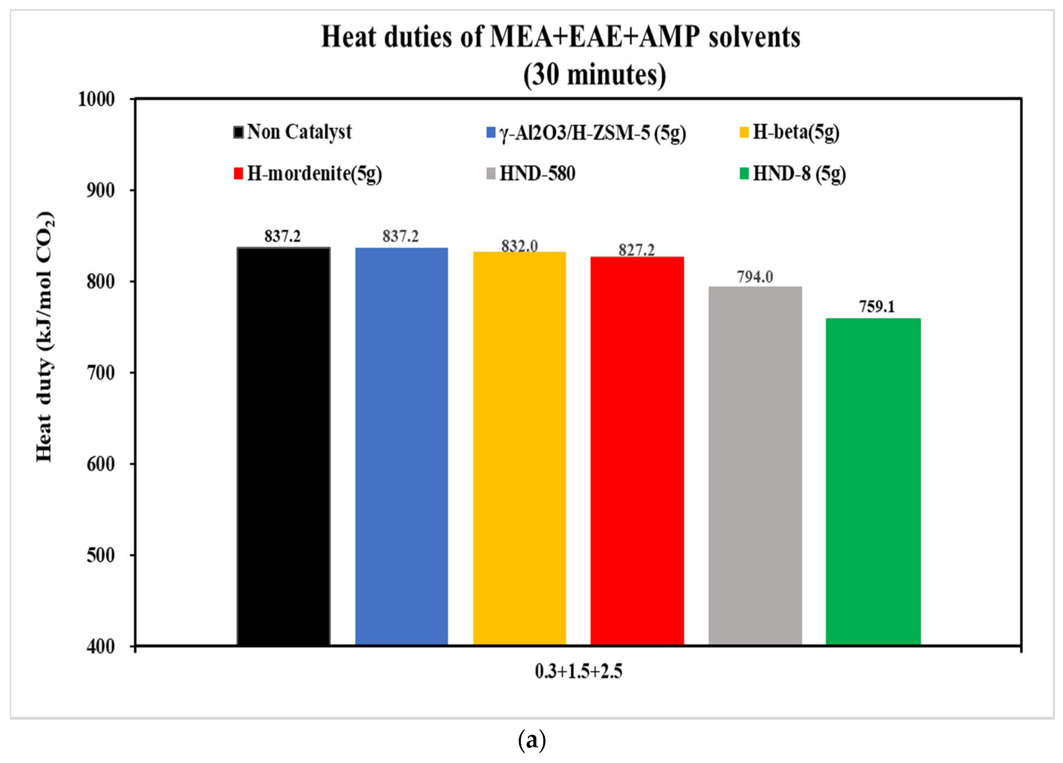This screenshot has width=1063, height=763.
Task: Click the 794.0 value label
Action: (x=755, y=277)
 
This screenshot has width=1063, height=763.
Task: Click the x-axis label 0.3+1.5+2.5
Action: (x=578, y=672)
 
